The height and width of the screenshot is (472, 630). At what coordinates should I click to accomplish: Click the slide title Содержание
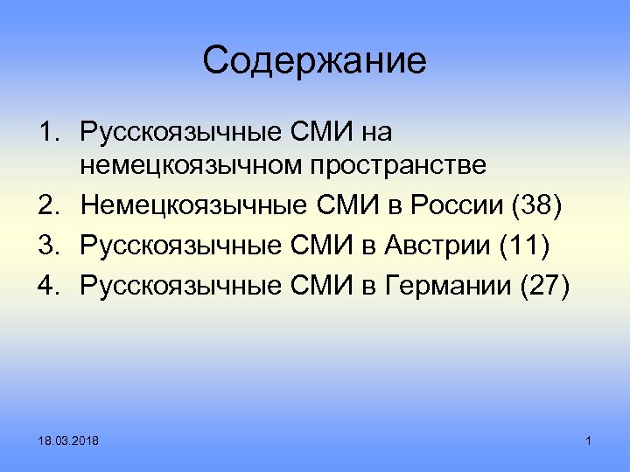tap(314, 61)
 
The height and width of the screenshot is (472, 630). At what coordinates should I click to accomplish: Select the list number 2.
tap(47, 207)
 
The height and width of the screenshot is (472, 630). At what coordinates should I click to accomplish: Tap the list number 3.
tap(47, 245)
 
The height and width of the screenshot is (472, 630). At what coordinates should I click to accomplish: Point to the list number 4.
tap(47, 282)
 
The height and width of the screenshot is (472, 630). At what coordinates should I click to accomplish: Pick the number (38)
tap(535, 207)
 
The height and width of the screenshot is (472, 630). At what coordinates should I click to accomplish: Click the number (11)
tap(522, 245)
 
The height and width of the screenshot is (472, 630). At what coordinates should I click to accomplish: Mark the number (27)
tap(543, 282)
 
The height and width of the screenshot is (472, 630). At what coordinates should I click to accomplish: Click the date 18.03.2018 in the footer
tap(68, 443)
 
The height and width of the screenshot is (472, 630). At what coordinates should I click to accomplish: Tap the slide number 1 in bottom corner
tap(589, 443)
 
